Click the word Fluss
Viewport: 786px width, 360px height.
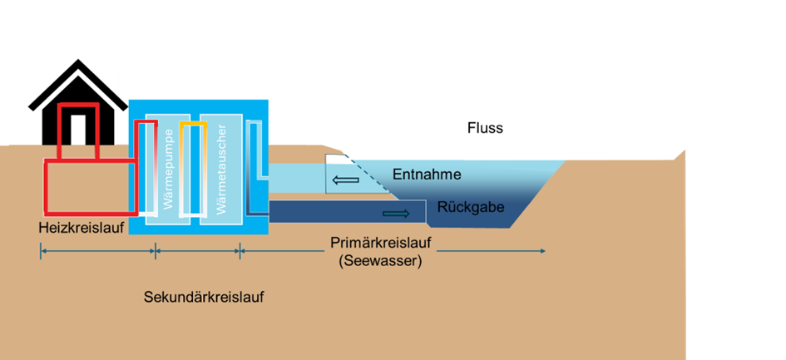click(485, 129)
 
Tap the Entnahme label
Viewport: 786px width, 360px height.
click(426, 175)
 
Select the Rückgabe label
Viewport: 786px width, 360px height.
click(471, 207)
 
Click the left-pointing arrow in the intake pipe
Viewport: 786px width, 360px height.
click(344, 179)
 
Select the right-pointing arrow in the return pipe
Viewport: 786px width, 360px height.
click(396, 214)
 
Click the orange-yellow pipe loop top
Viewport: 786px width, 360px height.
click(192, 124)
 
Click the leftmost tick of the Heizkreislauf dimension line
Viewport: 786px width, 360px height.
click(40, 250)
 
